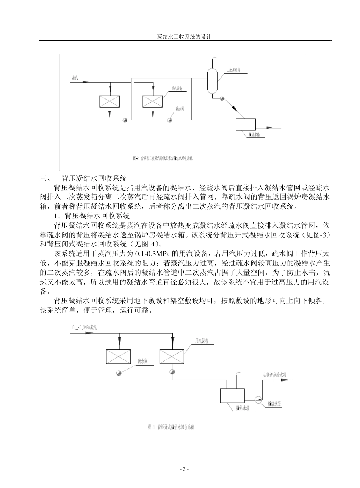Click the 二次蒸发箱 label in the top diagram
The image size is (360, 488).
(x=233, y=70)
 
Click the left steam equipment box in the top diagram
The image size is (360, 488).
(x=109, y=101)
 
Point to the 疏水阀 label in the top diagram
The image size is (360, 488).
(x=180, y=108)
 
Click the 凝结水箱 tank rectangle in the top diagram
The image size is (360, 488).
(x=246, y=124)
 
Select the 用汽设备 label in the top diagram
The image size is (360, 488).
(x=177, y=89)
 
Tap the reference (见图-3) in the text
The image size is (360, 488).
(x=317, y=235)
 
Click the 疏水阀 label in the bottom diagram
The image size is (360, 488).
(x=142, y=361)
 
